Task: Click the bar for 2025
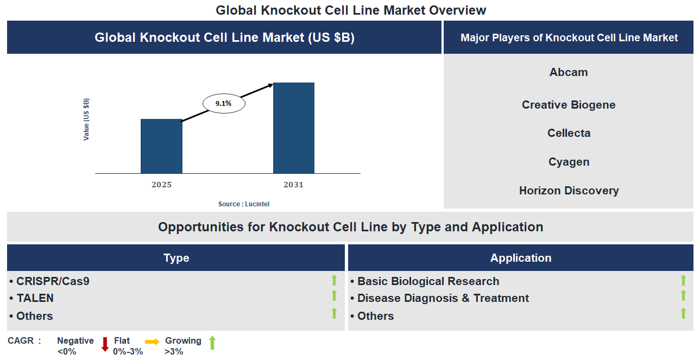[161, 146]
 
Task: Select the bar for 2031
[293, 128]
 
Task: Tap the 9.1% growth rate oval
[224, 103]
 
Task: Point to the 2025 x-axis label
[161, 185]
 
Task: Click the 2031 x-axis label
[293, 185]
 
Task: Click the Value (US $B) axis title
[86, 119]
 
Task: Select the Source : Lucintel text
[244, 204]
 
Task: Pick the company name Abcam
[568, 72]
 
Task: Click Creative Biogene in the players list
[568, 105]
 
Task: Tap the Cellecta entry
[568, 133]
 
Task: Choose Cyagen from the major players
[568, 162]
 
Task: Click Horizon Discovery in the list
[568, 191]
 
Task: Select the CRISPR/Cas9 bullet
[49, 281]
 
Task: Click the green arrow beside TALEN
[334, 296]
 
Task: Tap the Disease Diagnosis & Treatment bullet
[439, 298]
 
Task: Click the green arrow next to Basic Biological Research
[683, 280]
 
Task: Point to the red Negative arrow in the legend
[105, 344]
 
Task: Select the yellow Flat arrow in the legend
[152, 342]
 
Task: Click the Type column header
[176, 258]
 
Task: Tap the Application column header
[520, 258]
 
